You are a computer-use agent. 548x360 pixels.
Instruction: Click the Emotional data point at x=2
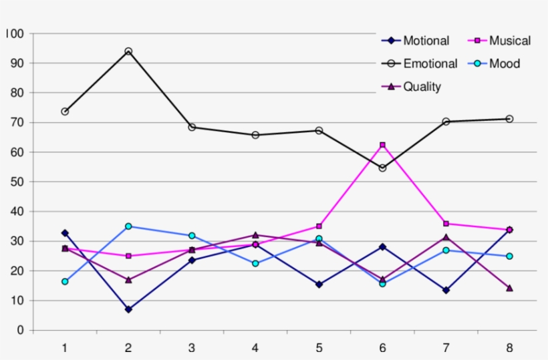tap(128, 51)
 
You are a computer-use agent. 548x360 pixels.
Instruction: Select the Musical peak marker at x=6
tap(382, 145)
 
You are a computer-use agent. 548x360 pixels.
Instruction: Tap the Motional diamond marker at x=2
tap(128, 309)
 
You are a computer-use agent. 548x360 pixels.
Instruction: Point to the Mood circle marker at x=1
tap(65, 282)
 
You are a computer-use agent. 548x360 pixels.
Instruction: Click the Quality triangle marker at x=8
tap(509, 288)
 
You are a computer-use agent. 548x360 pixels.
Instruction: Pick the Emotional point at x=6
tap(382, 168)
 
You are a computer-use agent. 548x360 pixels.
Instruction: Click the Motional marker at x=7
tap(446, 290)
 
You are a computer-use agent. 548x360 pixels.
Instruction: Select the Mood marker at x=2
tap(128, 226)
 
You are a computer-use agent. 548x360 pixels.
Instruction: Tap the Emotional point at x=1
tap(65, 112)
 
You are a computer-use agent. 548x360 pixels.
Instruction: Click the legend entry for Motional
tap(426, 41)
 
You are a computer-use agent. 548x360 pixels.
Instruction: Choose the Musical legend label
tap(509, 41)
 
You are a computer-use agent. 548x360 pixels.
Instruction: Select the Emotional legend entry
tap(430, 64)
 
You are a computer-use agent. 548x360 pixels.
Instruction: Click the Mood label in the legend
tap(504, 64)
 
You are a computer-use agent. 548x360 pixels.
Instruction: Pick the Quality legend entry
tap(422, 86)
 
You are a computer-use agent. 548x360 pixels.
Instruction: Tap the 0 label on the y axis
tap(20, 331)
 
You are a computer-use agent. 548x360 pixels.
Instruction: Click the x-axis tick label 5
tap(319, 347)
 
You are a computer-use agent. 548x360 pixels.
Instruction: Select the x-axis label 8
tap(509, 347)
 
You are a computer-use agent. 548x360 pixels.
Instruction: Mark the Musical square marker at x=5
tap(319, 226)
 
